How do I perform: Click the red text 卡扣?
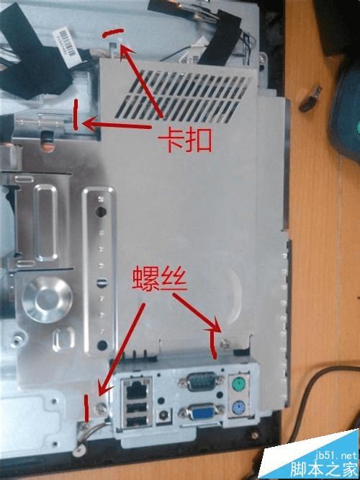pyautogui.click(x=185, y=141)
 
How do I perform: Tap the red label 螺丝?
pyautogui.click(x=160, y=278)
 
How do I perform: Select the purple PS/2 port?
pyautogui.click(x=238, y=407)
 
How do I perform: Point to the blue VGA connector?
pyautogui.click(x=202, y=412)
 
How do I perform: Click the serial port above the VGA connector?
pyautogui.click(x=202, y=381)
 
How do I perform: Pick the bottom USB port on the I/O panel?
pyautogui.click(x=138, y=422)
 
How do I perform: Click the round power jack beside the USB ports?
pyautogui.click(x=163, y=415)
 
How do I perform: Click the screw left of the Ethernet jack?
pyautogui.click(x=100, y=408)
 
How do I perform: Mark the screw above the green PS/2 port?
pyautogui.click(x=226, y=344)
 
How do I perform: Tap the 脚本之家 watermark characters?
pyautogui.click(x=324, y=468)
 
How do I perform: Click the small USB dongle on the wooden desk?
pyautogui.click(x=310, y=99)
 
